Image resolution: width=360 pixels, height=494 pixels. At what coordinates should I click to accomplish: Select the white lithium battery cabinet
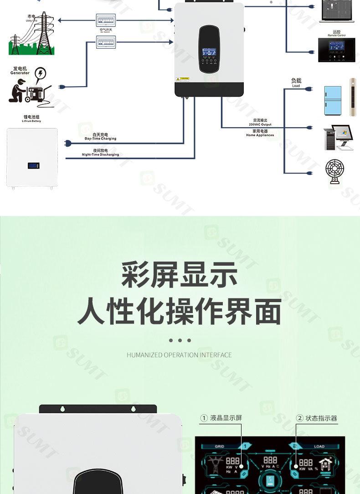click(x=32, y=158)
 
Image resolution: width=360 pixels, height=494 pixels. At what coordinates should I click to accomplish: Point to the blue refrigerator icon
click(x=332, y=101)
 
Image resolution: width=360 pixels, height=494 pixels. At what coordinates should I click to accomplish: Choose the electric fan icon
click(x=335, y=171)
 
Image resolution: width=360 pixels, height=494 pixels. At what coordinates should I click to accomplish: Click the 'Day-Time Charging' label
click(x=100, y=139)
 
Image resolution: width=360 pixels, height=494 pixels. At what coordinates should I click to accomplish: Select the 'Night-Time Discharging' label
click(x=100, y=154)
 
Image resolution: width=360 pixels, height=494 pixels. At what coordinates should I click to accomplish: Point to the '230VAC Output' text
click(x=260, y=124)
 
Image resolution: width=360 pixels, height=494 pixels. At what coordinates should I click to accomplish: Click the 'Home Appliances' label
click(x=260, y=135)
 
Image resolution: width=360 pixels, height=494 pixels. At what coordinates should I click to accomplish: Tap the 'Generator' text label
click(x=20, y=73)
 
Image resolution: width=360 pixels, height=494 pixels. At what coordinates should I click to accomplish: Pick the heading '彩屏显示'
click(x=180, y=275)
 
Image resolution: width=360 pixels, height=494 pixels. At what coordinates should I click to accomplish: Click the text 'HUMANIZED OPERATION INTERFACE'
click(x=179, y=355)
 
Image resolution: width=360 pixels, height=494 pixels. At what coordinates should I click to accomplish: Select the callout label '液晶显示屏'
click(x=226, y=418)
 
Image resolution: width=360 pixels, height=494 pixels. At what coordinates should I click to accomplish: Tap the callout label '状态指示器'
click(x=321, y=418)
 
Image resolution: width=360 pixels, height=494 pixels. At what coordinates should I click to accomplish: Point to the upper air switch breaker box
click(x=105, y=20)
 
